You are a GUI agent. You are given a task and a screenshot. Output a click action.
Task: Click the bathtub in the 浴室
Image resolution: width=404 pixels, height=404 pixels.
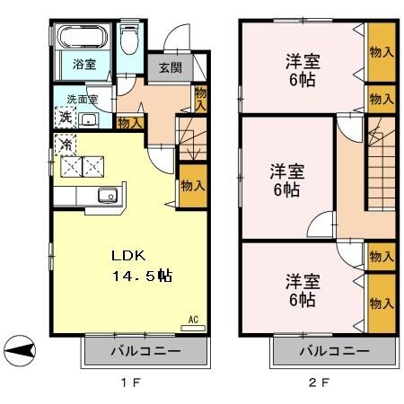pos(83,37)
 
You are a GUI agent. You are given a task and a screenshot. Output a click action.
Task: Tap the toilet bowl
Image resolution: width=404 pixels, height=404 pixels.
pos(129,40)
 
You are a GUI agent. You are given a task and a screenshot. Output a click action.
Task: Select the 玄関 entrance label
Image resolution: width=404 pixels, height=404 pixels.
pos(171,67)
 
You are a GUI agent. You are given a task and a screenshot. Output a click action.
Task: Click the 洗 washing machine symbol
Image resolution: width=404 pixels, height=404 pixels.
pos(66,118)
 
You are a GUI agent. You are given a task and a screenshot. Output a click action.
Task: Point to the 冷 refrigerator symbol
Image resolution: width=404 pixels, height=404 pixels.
pos(66,145)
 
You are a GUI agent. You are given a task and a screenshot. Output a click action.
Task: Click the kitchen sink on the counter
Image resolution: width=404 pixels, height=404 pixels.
pos(108,195)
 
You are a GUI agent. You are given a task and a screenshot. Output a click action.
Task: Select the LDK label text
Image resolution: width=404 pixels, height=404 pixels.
pos(128,256)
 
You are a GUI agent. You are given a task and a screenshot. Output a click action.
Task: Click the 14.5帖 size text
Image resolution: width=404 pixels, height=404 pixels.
pos(142,276)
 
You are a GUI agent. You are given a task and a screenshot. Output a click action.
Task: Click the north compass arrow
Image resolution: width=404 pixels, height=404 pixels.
pos(20,350)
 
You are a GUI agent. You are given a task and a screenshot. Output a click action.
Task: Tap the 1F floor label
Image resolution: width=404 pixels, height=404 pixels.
pos(131,382)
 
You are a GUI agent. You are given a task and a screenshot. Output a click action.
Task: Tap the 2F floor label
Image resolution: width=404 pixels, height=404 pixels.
pos(319,382)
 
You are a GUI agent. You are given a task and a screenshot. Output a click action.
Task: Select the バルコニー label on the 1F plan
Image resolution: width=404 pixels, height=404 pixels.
pos(145,351)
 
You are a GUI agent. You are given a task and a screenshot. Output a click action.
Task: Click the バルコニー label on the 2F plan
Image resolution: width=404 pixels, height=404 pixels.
pos(334,351)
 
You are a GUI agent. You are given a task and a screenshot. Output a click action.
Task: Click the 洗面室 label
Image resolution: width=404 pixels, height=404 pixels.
pos(82,100)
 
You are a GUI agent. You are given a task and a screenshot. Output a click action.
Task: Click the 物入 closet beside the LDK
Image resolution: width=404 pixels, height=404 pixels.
pos(193,186)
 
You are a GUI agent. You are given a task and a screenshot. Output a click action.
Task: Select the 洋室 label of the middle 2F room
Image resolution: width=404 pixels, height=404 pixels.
pos(287,171)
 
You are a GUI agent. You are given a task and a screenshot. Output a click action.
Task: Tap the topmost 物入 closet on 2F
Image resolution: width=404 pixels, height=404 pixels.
pos(382,52)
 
